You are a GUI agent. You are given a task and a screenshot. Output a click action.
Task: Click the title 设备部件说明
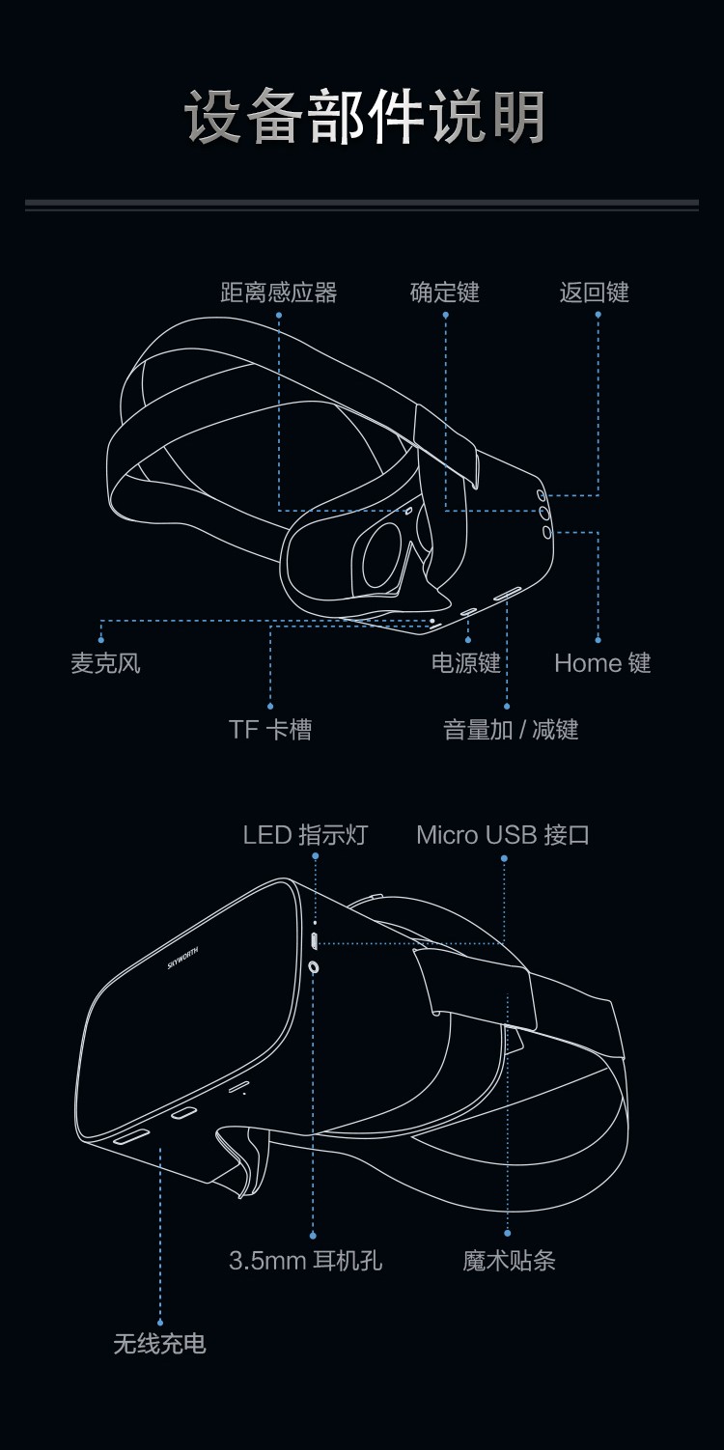tap(364, 117)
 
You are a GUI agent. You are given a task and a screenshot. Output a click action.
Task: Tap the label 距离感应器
tap(278, 293)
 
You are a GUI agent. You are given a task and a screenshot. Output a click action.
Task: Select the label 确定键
tap(445, 293)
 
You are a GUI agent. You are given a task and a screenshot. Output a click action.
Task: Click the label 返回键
tap(594, 293)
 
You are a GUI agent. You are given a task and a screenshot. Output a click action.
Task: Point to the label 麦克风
tap(105, 663)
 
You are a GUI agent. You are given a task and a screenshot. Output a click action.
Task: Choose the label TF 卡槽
tap(270, 730)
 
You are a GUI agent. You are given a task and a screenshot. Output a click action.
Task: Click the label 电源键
tap(466, 663)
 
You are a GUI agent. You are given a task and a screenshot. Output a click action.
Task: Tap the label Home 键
tap(602, 663)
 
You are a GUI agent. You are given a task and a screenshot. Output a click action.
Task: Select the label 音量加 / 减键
tap(511, 730)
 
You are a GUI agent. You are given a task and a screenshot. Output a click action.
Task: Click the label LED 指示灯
tap(305, 835)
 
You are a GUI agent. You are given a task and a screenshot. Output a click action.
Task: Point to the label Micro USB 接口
tap(503, 835)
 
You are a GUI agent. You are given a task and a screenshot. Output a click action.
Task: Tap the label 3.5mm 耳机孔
tap(305, 1261)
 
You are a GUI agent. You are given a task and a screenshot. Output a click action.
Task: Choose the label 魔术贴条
tap(509, 1261)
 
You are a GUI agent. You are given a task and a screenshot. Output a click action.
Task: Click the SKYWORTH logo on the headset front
tap(183, 958)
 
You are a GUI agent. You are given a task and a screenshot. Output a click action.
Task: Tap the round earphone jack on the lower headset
tap(314, 966)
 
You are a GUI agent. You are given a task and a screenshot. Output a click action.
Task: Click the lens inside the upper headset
tap(383, 557)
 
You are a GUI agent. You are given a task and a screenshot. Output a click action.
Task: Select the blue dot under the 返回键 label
tap(598, 315)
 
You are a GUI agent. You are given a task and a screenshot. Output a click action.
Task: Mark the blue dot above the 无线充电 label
tap(160, 1323)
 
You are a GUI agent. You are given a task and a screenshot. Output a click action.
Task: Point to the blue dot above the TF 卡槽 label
tap(270, 707)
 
